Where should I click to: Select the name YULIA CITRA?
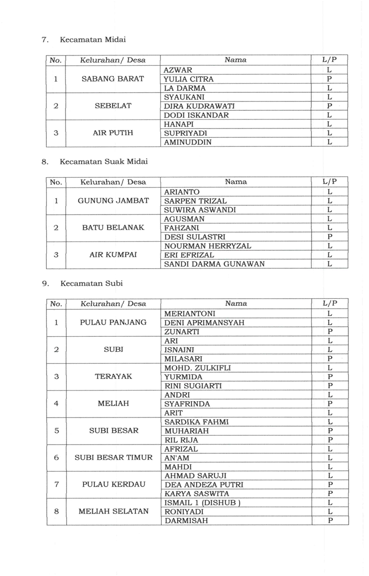pyautogui.click(x=188, y=79)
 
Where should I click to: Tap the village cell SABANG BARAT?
pyautogui.click(x=113, y=79)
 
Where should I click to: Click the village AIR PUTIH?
pyautogui.click(x=113, y=133)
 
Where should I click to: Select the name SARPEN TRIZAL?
pyautogui.click(x=195, y=201)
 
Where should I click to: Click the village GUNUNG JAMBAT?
pyautogui.click(x=113, y=201)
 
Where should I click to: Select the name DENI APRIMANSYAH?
pyautogui.click(x=204, y=322)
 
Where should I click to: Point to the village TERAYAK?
pyautogui.click(x=113, y=376)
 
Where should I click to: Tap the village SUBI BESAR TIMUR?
pyautogui.click(x=113, y=458)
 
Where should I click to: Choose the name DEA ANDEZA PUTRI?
pyautogui.click(x=203, y=485)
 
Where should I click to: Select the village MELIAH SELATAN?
pyautogui.click(x=113, y=511)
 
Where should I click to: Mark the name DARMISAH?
pyautogui.click(x=185, y=521)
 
